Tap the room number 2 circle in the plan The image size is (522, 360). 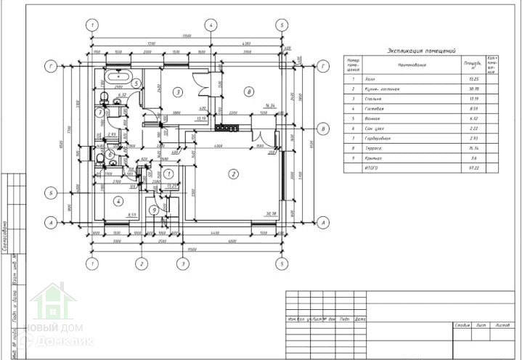pyautogui.click(x=233, y=173)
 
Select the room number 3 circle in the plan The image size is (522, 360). pyautogui.click(x=176, y=92)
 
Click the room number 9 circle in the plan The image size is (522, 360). pyautogui.click(x=154, y=210)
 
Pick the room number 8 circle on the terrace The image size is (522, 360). pyautogui.click(x=248, y=92)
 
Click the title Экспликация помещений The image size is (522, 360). pyautogui.click(x=421, y=52)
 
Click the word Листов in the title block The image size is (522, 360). pyautogui.click(x=502, y=325)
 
